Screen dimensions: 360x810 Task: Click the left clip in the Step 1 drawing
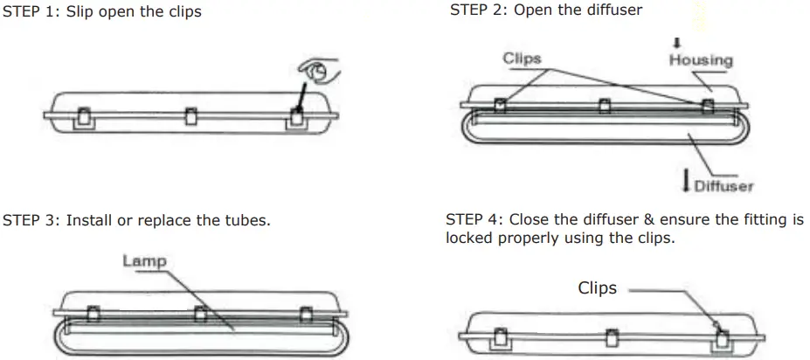coord(86,116)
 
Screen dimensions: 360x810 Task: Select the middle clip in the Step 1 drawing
coord(190,116)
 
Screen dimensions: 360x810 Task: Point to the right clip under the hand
coord(298,115)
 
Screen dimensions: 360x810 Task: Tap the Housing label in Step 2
coord(701,60)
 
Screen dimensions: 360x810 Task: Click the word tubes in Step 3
coord(247,220)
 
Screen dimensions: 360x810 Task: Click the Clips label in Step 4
coord(597,288)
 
